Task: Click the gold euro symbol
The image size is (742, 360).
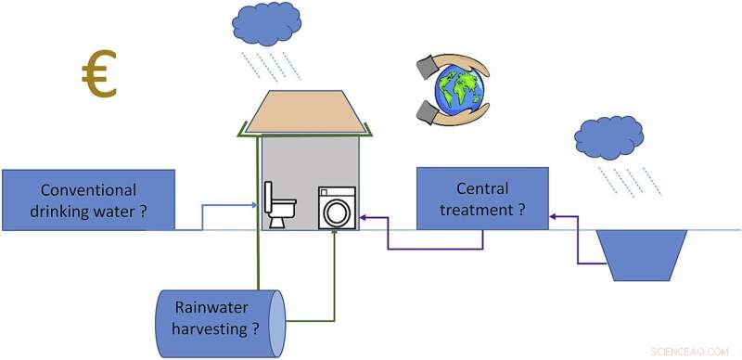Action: click(97, 76)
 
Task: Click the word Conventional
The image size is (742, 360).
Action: click(89, 189)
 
